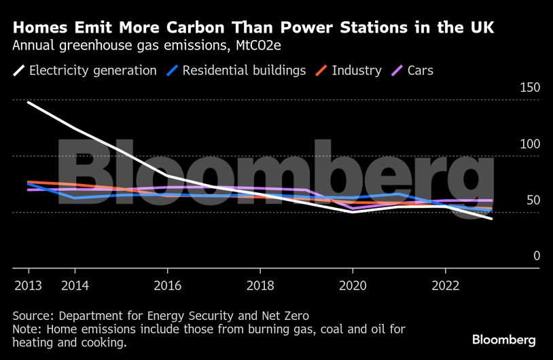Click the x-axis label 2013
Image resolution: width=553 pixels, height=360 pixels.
pos(27,285)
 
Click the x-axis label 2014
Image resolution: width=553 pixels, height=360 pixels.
pos(75,285)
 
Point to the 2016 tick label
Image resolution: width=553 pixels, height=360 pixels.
pos(167,285)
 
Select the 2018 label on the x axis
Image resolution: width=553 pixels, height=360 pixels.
pos(260,285)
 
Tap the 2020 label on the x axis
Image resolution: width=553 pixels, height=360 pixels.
pos(353,285)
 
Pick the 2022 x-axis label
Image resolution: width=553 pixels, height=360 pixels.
pos(445,285)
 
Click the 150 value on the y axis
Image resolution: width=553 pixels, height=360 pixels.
pos(530,88)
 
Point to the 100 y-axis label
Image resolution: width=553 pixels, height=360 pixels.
pos(530,144)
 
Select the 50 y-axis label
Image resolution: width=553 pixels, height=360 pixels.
pos(533,200)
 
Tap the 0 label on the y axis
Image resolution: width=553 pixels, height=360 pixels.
pos(536,256)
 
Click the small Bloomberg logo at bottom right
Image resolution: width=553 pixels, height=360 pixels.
pos(504,340)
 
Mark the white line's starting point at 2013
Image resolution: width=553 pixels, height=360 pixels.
pos(27,102)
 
